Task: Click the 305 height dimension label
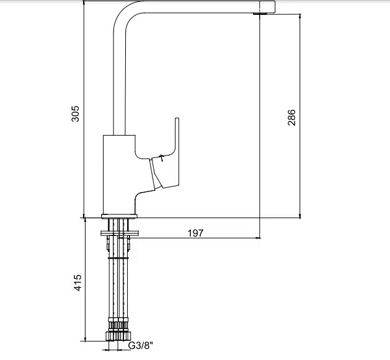pos(75,113)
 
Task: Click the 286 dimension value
pos(291,117)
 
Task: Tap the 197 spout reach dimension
pos(195,233)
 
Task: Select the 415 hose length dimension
pos(78,283)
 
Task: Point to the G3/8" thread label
pos(141,345)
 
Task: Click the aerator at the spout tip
pos(260,14)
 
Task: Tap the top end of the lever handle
pos(177,118)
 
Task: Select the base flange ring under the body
pos(119,216)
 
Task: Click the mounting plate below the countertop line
pos(120,233)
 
